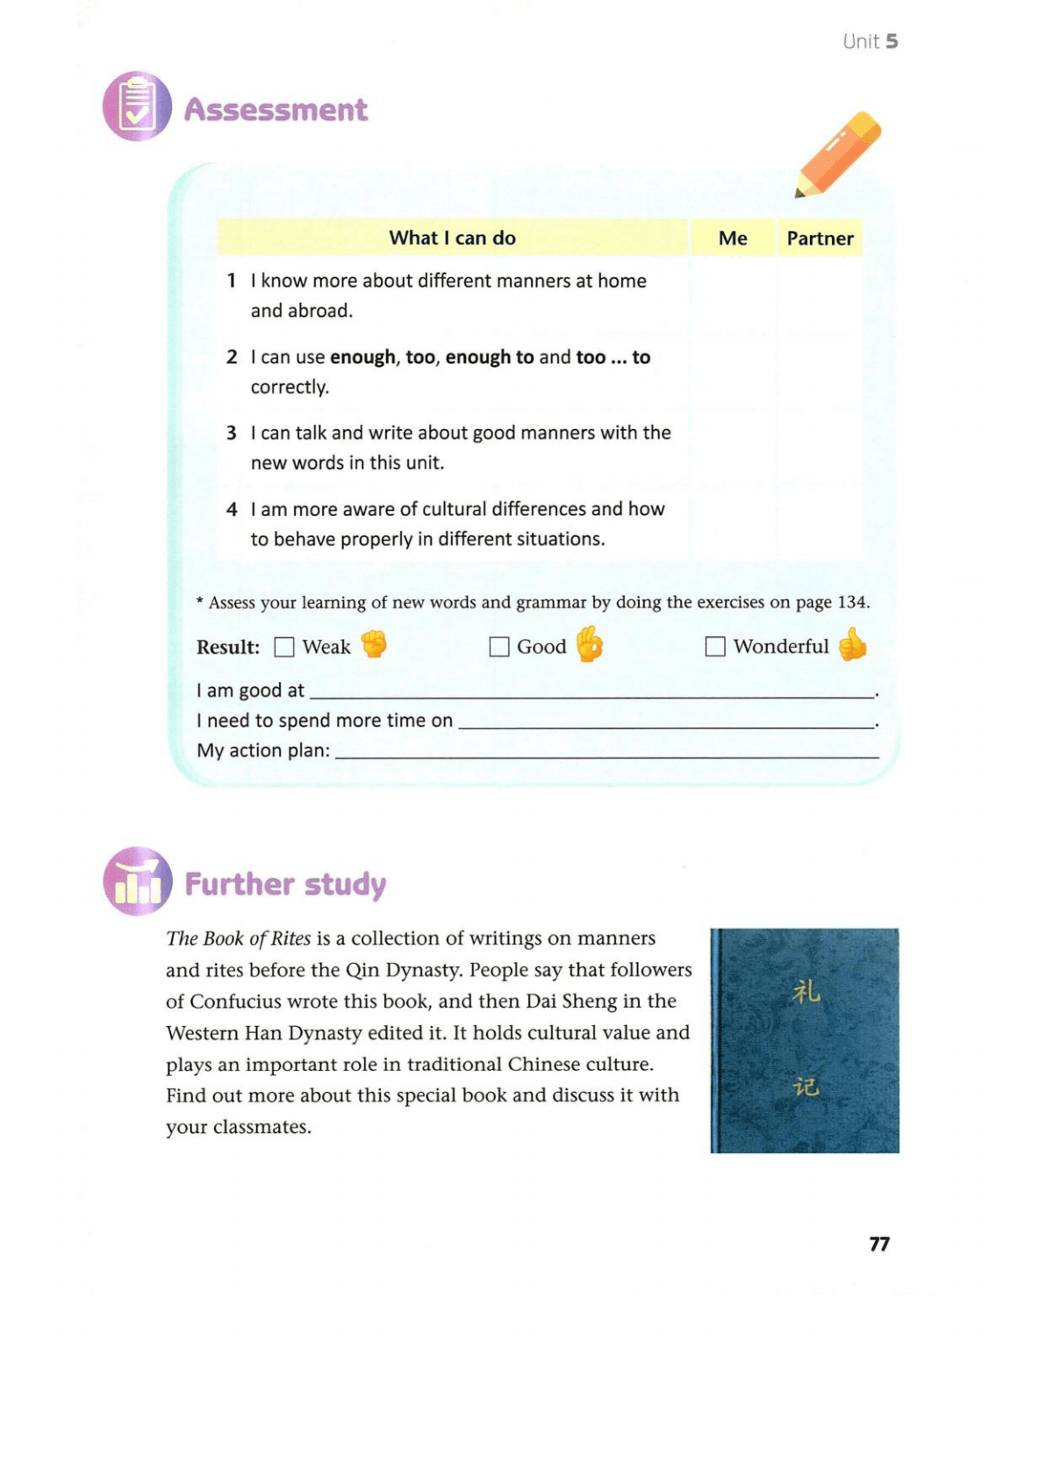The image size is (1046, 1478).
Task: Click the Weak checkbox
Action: pos(284,647)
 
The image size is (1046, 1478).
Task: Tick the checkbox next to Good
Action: pos(499,647)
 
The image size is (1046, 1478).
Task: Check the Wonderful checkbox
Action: pos(715,647)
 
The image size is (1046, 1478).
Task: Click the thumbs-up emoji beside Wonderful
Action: pos(852,645)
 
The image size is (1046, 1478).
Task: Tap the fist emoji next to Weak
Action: pos(374,644)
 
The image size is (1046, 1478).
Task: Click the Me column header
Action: pos(733,238)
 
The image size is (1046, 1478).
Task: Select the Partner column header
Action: pos(820,238)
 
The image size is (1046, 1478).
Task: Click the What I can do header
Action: pos(452,238)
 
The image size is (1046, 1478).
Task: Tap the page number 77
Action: pos(879,1244)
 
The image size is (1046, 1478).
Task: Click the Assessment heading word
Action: pos(276,110)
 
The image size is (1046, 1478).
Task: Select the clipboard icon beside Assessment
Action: pos(137,106)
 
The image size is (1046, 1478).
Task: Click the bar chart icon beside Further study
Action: pos(138,881)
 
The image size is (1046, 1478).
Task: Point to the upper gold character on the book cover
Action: pos(806,992)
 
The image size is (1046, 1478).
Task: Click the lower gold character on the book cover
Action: pos(806,1087)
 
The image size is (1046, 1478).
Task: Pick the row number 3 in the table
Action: pos(232,433)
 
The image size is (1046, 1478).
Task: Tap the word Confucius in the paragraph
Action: pos(244,1001)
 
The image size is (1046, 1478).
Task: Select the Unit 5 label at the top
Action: pos(870,41)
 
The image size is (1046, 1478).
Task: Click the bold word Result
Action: pos(228,648)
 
